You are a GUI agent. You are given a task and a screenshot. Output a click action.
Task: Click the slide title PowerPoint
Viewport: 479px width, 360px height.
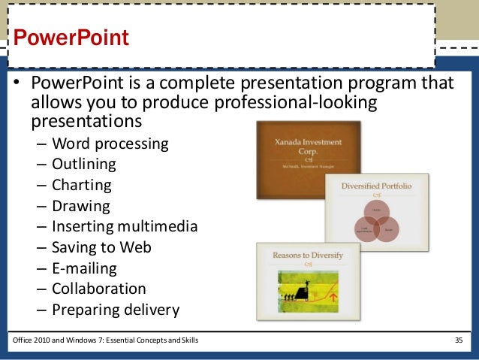click(x=72, y=37)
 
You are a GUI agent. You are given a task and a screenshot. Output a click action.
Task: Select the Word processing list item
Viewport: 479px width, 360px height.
click(x=110, y=143)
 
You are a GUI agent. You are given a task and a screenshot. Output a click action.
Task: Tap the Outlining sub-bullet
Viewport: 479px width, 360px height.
click(x=84, y=163)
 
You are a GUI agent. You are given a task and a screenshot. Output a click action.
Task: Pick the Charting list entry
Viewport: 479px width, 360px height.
click(x=81, y=184)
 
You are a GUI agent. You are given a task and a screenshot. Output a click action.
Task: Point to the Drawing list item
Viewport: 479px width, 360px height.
click(x=80, y=205)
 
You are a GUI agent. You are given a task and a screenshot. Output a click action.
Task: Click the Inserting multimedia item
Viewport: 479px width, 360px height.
click(x=124, y=225)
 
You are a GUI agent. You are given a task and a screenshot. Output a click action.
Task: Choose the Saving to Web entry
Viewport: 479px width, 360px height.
click(x=101, y=247)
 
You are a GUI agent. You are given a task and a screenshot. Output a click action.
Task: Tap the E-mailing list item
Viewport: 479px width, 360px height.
click(x=84, y=268)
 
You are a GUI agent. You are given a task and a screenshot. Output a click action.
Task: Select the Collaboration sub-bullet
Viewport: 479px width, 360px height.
click(x=98, y=289)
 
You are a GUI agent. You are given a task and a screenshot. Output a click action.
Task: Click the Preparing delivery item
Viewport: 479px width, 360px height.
click(x=116, y=309)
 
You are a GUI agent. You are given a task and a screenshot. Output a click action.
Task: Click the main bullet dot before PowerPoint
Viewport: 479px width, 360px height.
click(x=15, y=83)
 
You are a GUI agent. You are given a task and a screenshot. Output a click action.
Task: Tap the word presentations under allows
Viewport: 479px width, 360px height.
click(x=86, y=120)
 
